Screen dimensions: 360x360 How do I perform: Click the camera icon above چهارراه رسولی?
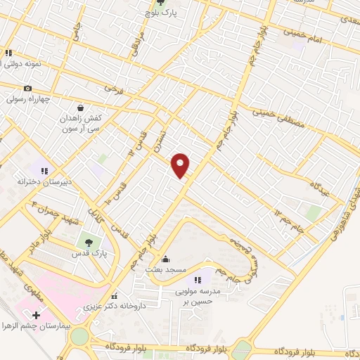(x=27, y=88)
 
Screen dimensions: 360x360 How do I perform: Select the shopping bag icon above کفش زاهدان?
(x=81, y=108)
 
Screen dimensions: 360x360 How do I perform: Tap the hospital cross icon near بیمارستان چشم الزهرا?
(x=36, y=315)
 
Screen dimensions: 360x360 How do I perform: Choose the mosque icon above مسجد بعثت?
(x=165, y=259)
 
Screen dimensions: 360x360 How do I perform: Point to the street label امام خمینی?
(x=304, y=34)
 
